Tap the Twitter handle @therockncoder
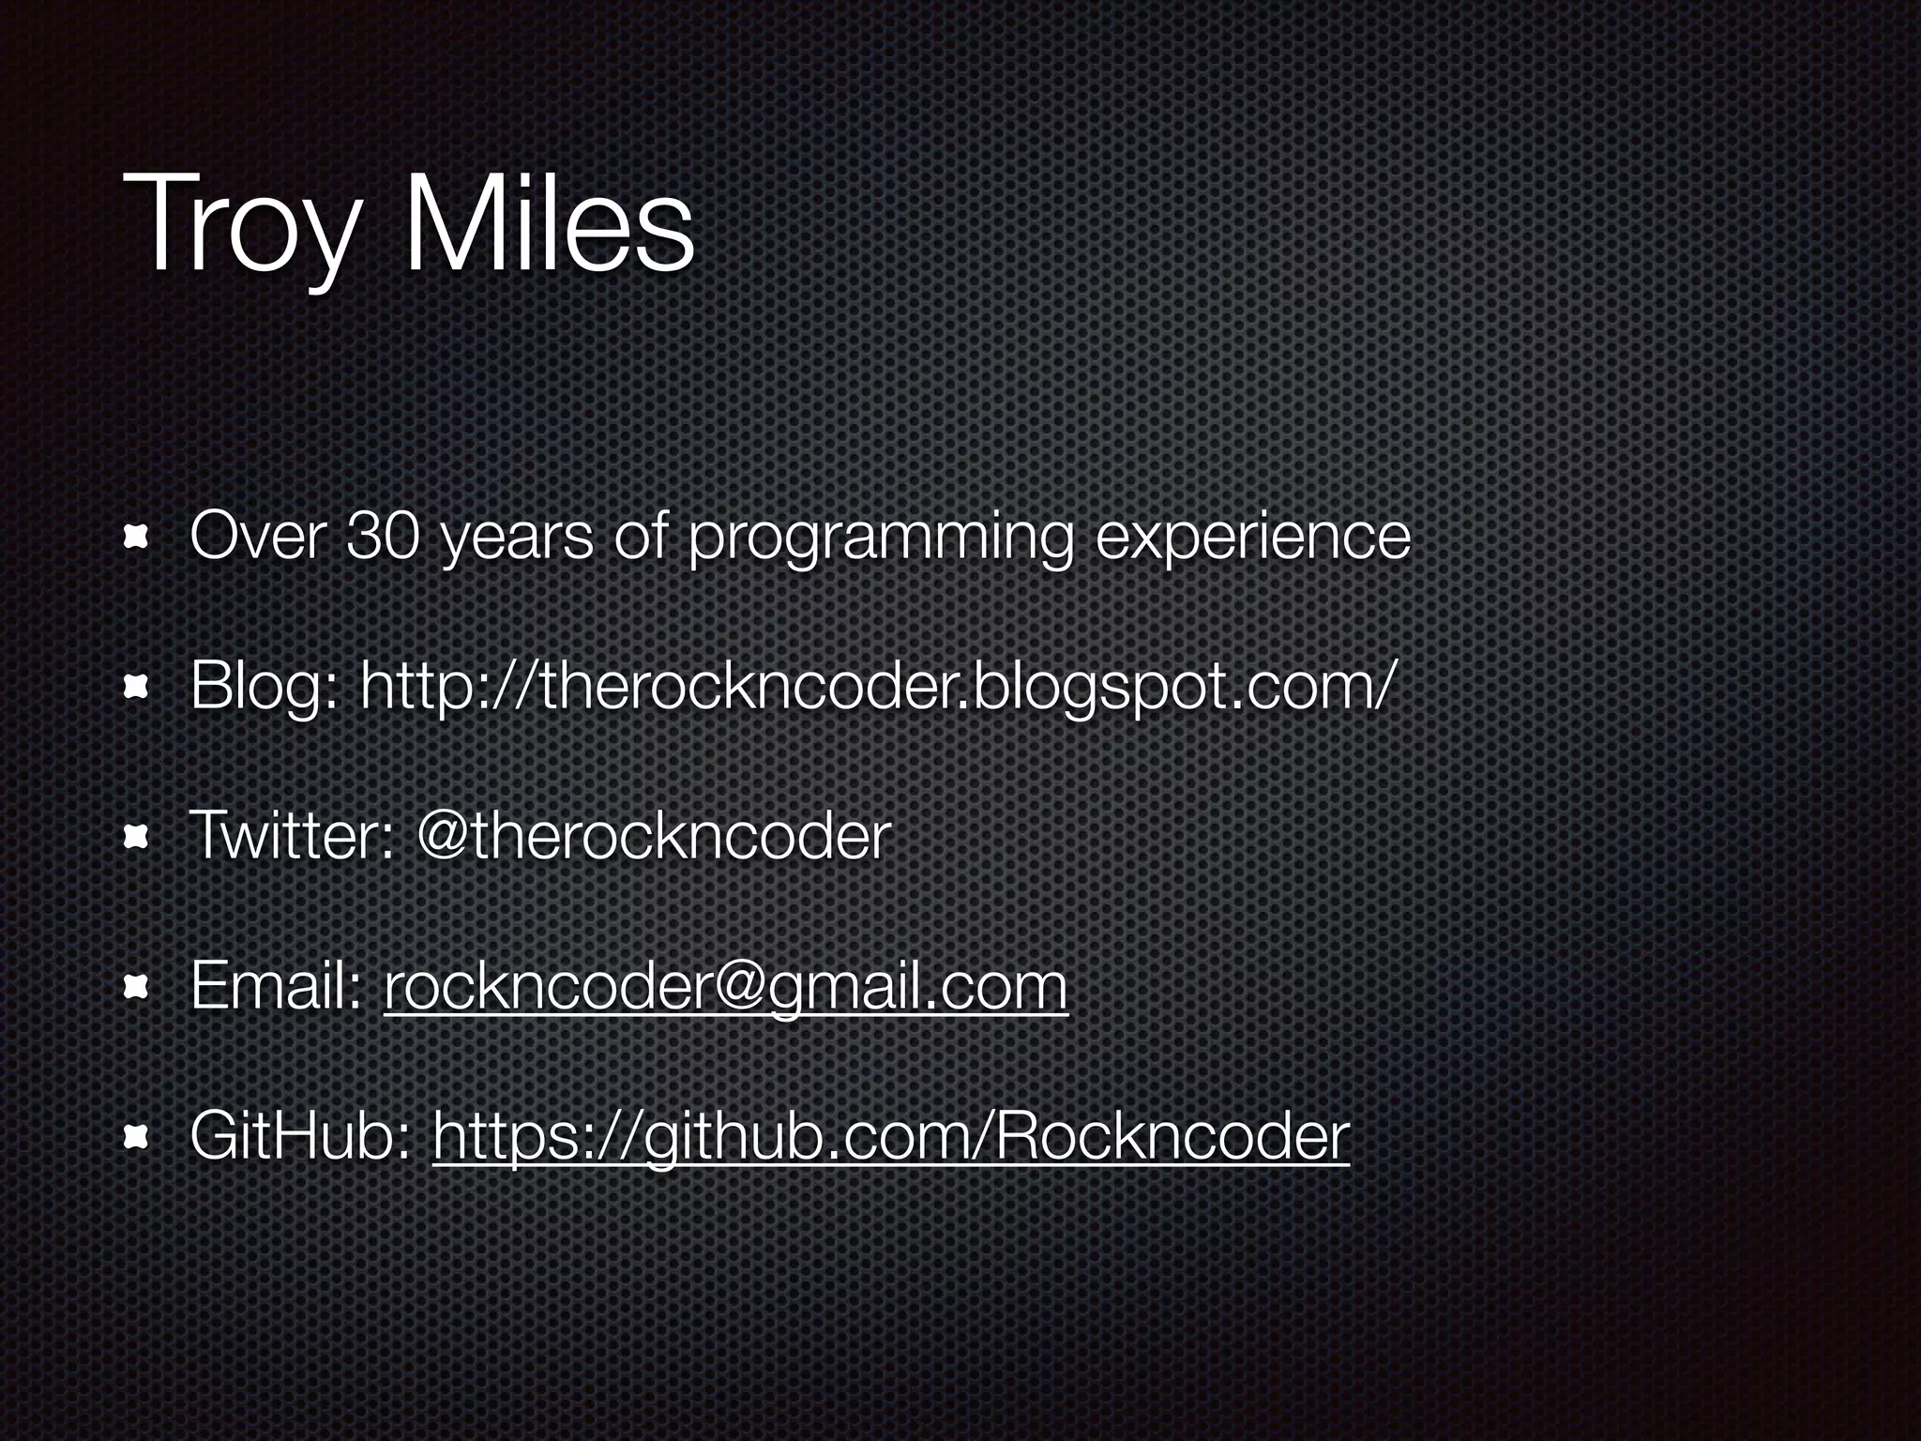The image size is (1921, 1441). [x=654, y=837]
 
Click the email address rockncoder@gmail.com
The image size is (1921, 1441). [x=725, y=988]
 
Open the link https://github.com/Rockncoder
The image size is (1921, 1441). [x=891, y=1137]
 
